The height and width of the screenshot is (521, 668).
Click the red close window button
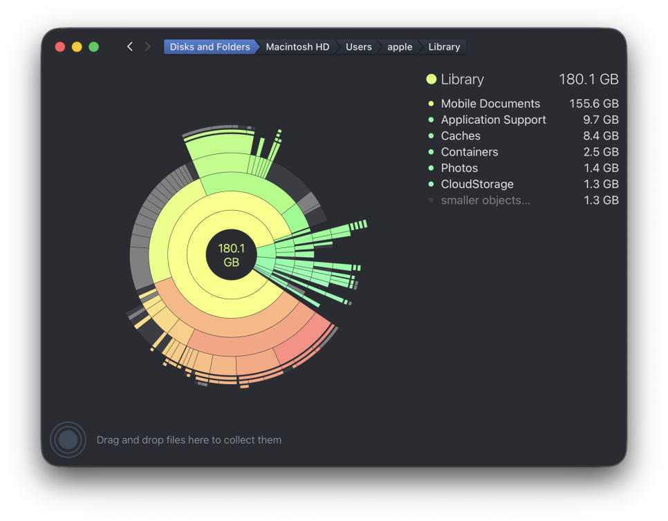pos(60,47)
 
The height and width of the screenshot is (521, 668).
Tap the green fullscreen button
pos(94,47)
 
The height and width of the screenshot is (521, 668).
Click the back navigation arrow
pos(130,47)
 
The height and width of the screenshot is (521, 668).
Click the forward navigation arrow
pos(147,47)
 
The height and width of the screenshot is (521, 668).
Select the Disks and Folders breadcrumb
pos(210,47)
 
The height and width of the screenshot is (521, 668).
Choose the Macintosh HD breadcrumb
pos(297,47)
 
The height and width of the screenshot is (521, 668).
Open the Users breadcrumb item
pos(359,47)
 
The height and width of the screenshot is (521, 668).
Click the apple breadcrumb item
pos(400,47)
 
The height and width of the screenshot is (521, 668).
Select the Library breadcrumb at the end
pos(444,47)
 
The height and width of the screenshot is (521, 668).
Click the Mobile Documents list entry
pos(490,104)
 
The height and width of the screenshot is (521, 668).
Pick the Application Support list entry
pos(493,120)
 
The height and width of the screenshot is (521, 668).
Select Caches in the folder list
pos(460,136)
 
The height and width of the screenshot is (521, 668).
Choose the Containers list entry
pos(469,152)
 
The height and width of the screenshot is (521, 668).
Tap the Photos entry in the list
pos(459,168)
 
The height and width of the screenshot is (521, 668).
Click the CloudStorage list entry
pos(476,184)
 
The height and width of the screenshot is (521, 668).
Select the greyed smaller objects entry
pos(485,200)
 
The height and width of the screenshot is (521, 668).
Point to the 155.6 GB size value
pos(594,104)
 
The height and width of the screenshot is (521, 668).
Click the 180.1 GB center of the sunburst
pos(232,255)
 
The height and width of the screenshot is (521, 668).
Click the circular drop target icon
pos(68,439)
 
